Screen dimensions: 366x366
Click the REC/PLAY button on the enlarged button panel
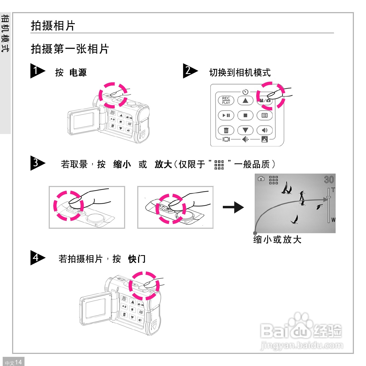point(226,100)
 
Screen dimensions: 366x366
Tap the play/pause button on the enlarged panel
point(226,115)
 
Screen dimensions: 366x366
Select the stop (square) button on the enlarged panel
point(245,115)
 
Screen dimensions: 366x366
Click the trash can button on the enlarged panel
point(226,131)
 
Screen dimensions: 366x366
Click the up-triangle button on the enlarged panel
point(245,101)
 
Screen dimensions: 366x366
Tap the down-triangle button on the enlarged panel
point(245,131)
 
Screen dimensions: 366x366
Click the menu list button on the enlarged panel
point(265,115)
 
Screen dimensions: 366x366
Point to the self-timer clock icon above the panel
point(245,92)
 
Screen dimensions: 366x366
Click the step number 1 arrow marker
point(37,71)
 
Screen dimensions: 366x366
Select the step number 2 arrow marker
point(190,71)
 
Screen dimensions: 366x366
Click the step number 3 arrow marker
point(37,163)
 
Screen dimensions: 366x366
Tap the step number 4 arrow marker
point(37,258)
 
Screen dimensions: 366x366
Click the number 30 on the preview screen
point(329,180)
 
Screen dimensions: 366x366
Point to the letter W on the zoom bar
point(333,220)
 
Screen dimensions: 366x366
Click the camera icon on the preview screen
point(261,179)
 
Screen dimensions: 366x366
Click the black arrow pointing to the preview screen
point(233,207)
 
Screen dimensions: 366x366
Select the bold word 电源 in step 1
point(78,72)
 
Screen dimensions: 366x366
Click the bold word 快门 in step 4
point(137,259)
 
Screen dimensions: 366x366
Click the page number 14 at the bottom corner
point(18,362)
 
